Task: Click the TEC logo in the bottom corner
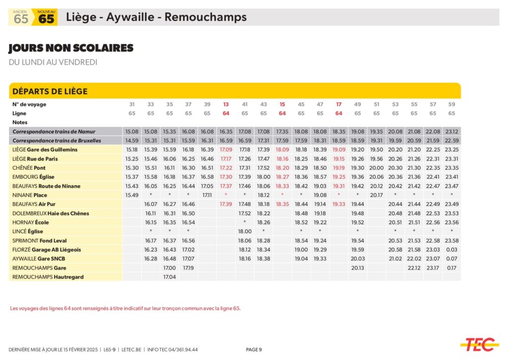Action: coord(479,344)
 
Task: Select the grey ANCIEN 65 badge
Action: coord(20,17)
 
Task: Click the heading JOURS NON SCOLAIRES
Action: coord(71,48)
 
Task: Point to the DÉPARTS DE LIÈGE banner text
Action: coord(50,91)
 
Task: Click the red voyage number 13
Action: coord(226,104)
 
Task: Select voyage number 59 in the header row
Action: coord(451,104)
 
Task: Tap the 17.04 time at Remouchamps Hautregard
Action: coord(170,277)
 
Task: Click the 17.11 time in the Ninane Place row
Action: coord(207,195)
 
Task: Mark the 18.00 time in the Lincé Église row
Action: coord(245,231)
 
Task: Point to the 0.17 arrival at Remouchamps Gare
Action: coord(451,268)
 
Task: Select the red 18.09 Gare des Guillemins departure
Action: coord(282,149)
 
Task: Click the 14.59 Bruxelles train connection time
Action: coord(132,141)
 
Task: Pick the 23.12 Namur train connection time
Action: coord(451,132)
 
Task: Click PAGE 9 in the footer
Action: coord(254,350)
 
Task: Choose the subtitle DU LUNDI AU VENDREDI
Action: coord(53,62)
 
